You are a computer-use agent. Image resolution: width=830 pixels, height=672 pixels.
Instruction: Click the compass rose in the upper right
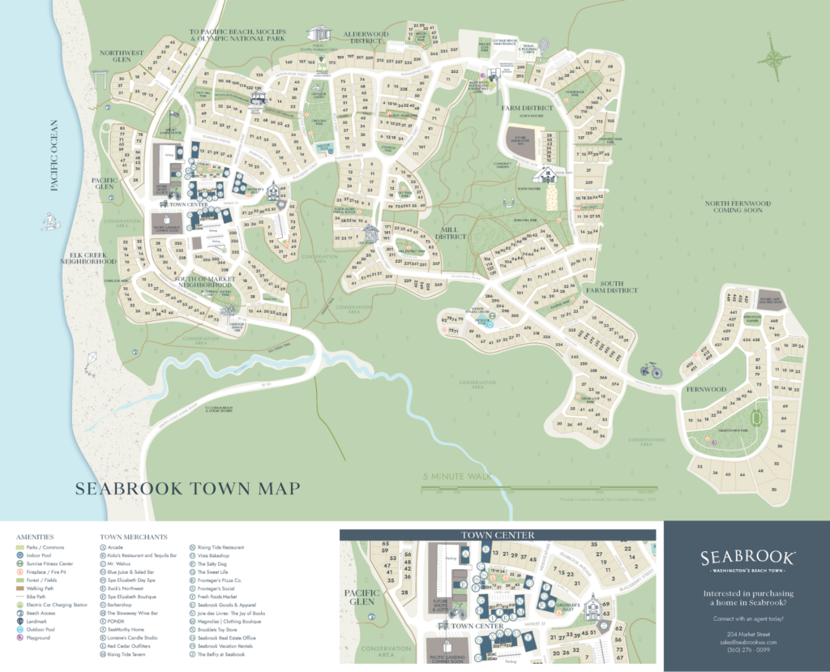[776, 58]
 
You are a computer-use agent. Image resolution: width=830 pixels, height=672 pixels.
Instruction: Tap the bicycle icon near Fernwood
[650, 370]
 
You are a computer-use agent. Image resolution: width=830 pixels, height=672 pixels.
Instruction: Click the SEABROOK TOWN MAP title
[187, 488]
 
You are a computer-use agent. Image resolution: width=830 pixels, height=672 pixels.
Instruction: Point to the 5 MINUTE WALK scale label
[457, 477]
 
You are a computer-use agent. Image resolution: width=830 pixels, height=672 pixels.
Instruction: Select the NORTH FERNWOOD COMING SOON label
[737, 207]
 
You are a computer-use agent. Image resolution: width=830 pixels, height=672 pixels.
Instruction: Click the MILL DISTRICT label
[451, 233]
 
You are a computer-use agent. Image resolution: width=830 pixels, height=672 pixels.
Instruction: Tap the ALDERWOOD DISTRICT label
[366, 38]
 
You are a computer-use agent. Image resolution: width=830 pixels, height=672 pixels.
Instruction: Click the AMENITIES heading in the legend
[35, 537]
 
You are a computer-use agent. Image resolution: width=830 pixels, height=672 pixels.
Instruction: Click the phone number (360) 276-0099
[746, 649]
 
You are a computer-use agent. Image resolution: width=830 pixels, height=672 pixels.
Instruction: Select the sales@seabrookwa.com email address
[746, 641]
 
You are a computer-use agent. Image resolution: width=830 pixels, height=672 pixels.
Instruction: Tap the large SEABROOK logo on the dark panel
[746, 558]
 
